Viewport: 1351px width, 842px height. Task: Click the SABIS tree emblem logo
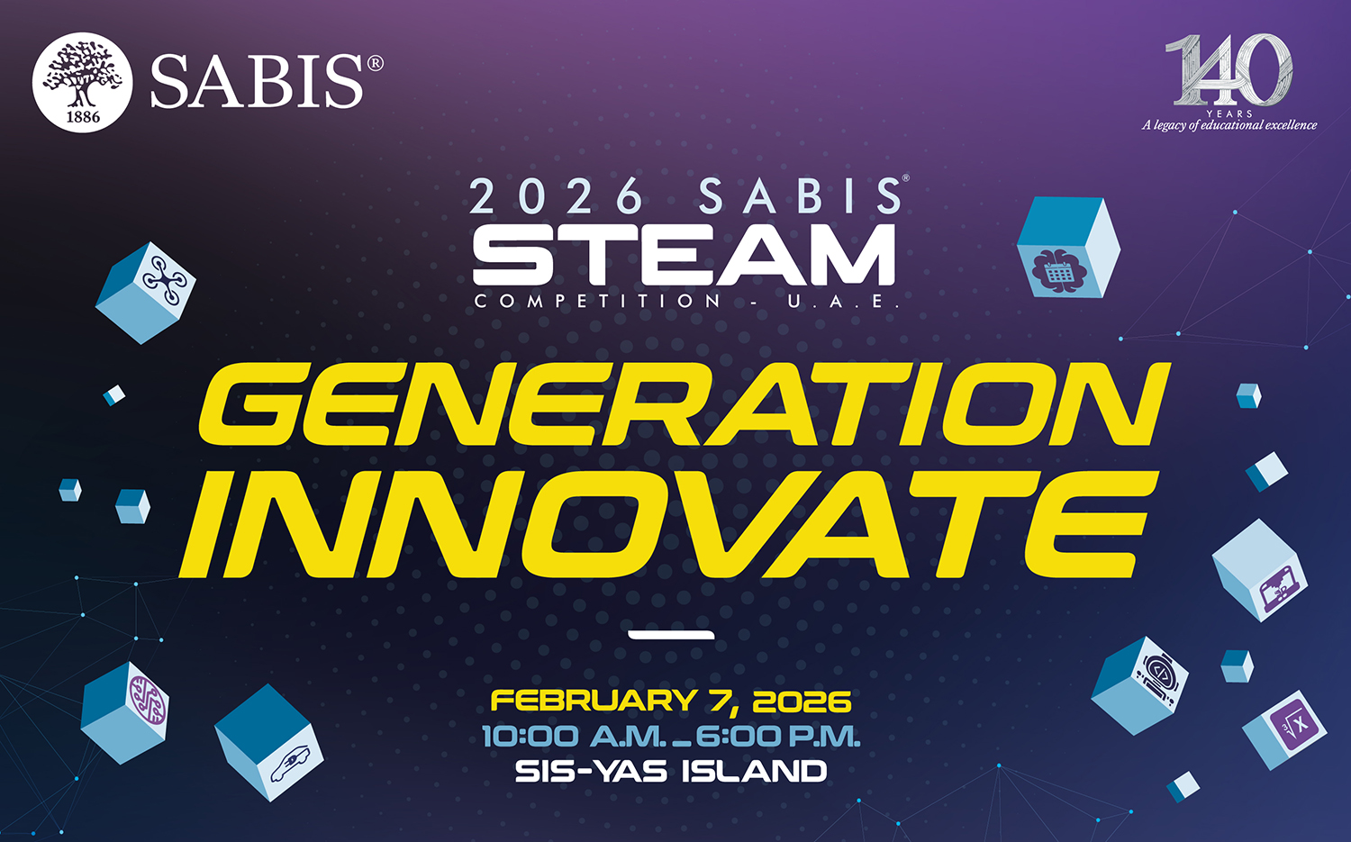pos(82,83)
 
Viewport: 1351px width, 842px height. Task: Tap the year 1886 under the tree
pos(83,116)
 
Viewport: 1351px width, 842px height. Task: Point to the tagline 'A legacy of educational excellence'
pos(1229,125)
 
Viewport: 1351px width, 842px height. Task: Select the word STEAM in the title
pos(684,255)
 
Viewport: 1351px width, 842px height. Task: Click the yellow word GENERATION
pos(685,404)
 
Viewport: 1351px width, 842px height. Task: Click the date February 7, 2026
pos(671,702)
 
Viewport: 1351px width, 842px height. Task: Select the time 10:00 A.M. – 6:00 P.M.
pos(671,737)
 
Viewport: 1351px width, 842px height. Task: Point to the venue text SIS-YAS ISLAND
pos(671,772)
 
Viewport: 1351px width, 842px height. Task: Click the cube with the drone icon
pos(145,294)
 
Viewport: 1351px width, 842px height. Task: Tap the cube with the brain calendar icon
pos(1068,248)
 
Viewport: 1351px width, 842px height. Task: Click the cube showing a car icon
pos(269,742)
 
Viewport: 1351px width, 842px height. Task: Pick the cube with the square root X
pos(1284,729)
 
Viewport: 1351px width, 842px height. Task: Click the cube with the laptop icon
pos(1260,570)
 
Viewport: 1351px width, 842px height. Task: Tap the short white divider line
pos(671,635)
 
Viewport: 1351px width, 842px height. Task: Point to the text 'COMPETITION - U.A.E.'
pos(687,301)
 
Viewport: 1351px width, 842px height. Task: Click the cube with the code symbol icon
pos(1139,686)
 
